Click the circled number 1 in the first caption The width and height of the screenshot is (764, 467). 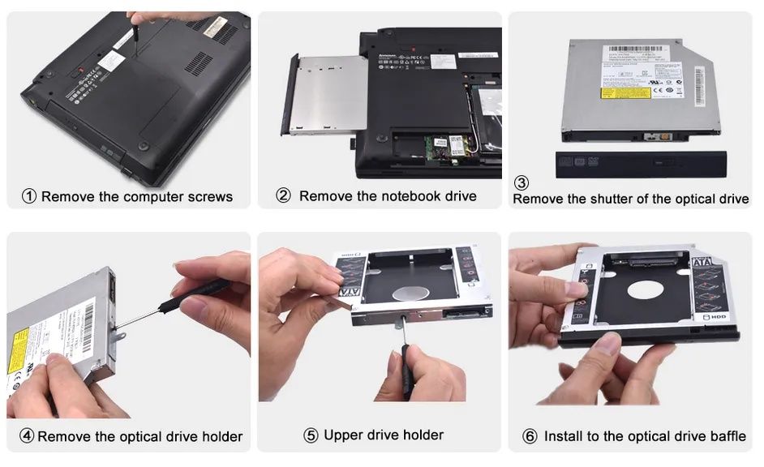click(x=29, y=196)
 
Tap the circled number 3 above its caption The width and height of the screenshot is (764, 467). click(x=522, y=183)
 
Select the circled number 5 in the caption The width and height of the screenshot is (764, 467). click(x=311, y=435)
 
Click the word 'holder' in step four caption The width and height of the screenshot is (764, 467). click(x=221, y=436)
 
